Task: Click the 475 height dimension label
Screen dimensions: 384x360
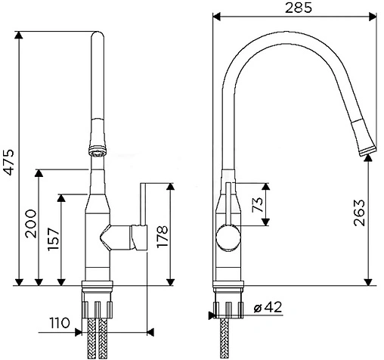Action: [9, 163]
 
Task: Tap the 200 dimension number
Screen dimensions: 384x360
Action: [31, 224]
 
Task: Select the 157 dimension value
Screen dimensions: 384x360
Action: [54, 239]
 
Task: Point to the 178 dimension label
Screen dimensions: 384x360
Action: [163, 237]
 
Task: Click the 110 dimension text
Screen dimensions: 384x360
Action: [59, 323]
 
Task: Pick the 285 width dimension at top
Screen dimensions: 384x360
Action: [299, 8]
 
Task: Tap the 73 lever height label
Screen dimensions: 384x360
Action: [258, 204]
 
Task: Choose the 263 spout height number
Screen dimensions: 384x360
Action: [359, 213]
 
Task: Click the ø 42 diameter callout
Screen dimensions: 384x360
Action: [268, 307]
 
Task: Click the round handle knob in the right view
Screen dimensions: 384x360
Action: [228, 237]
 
